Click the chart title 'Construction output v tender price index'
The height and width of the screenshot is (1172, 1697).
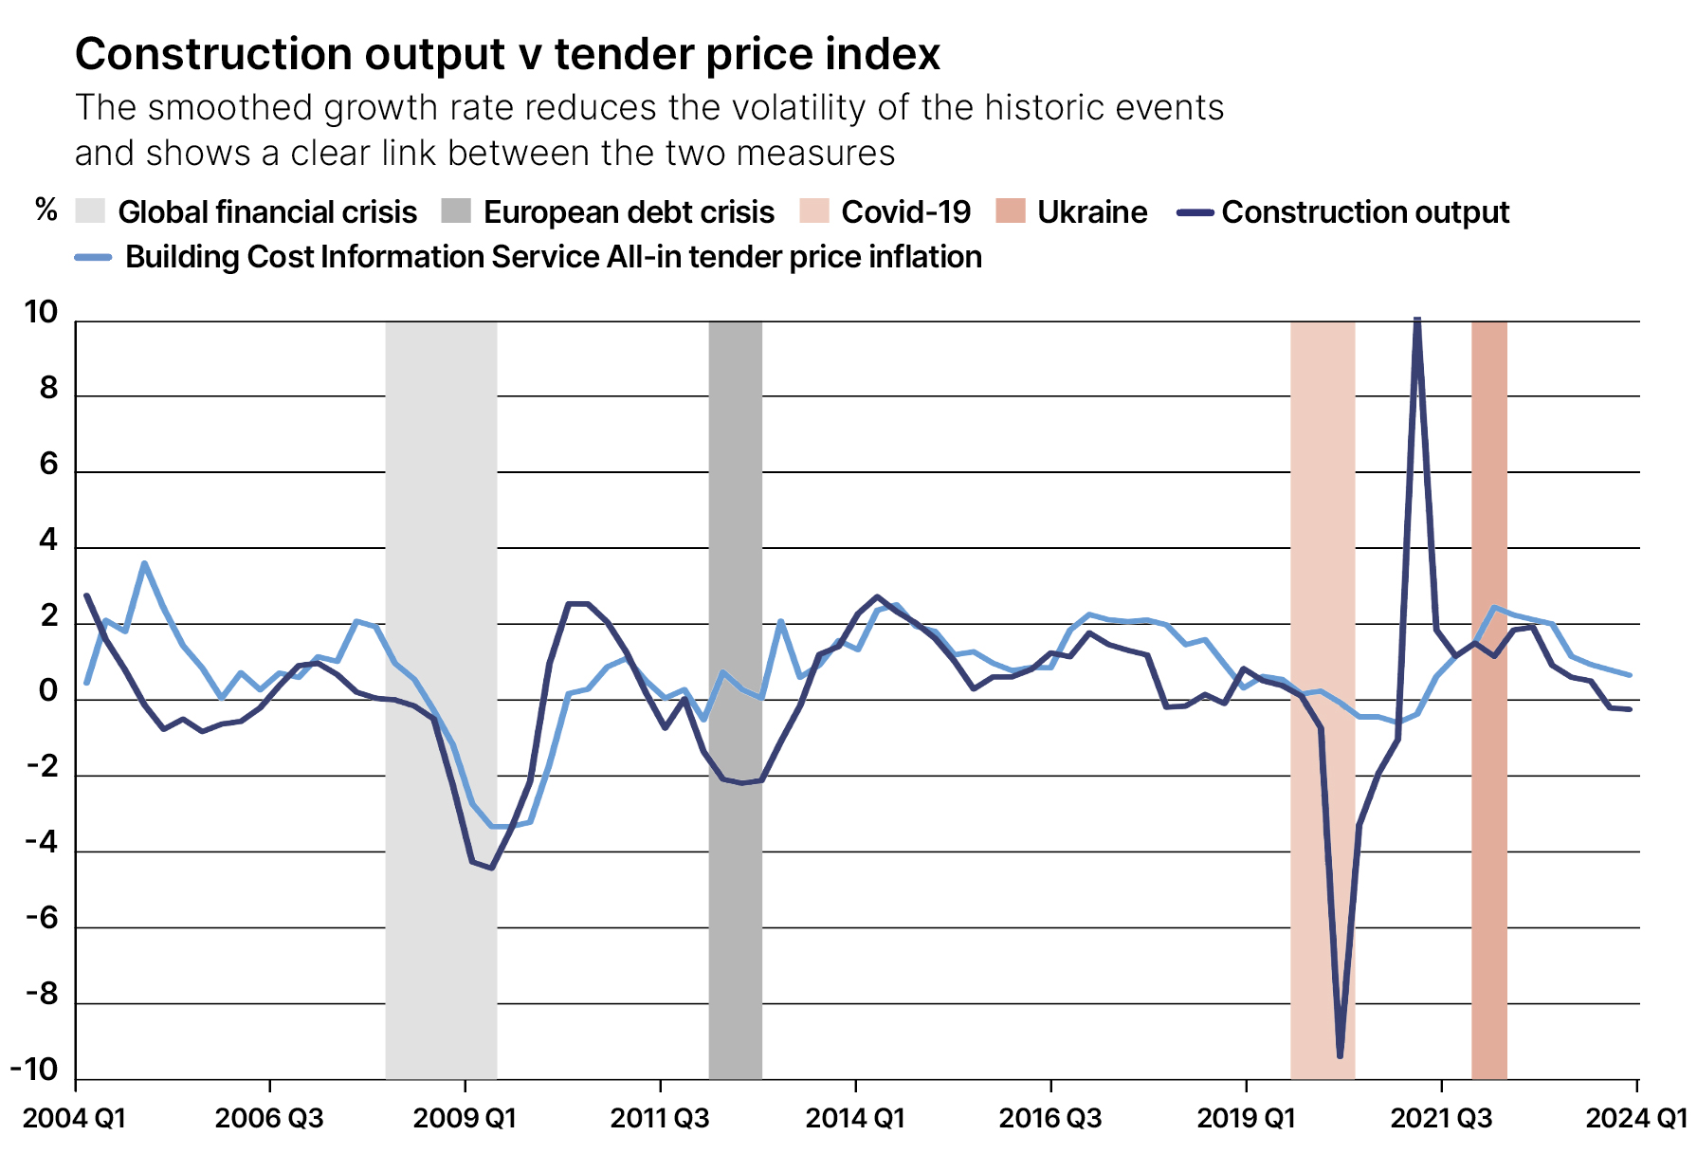(507, 54)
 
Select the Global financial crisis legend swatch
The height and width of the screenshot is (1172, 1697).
(90, 211)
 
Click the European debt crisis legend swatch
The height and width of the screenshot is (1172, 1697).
(456, 211)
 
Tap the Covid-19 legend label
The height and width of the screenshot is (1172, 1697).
(905, 211)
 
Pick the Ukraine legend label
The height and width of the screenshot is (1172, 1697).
(1091, 211)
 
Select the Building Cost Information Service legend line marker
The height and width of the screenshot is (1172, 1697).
(93, 257)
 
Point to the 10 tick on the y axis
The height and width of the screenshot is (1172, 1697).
(41, 312)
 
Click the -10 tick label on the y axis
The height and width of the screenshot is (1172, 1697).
(34, 1070)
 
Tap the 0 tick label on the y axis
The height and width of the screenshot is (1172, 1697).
(48, 692)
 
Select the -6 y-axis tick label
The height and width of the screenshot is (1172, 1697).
(42, 918)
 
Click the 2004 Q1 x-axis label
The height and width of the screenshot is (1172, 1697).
(74, 1118)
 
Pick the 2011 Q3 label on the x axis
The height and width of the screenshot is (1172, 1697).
(659, 1118)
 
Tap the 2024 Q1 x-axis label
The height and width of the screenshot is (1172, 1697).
(1636, 1118)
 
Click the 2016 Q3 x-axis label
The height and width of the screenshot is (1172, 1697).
(1049, 1118)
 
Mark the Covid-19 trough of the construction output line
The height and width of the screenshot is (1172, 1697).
(1340, 1055)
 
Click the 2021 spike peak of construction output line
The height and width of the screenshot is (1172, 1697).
(1416, 320)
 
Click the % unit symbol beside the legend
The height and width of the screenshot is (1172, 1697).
(46, 210)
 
